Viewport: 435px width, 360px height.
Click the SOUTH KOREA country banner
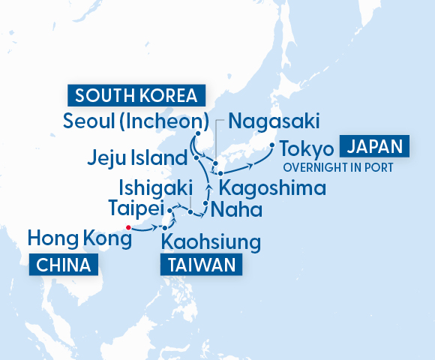click(x=136, y=96)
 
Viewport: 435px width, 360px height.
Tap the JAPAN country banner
click(x=375, y=145)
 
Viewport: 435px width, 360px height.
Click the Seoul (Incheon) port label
click(x=136, y=121)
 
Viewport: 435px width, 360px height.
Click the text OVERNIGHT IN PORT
click(x=337, y=167)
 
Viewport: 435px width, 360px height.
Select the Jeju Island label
click(x=136, y=158)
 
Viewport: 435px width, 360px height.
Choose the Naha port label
click(x=237, y=208)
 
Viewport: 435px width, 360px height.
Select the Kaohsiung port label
click(x=211, y=242)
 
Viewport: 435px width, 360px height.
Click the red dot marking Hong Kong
click(x=128, y=226)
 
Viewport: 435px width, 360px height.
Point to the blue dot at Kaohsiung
click(x=165, y=227)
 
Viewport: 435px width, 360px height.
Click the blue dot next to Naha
click(x=205, y=202)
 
